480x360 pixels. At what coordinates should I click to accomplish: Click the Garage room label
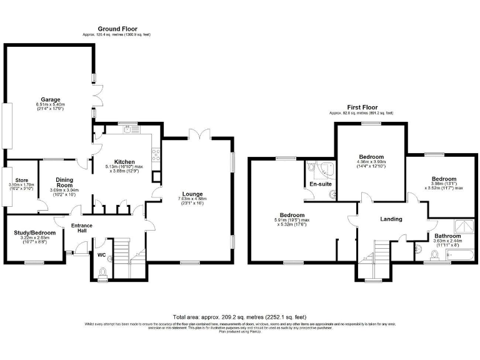[x=51, y=99]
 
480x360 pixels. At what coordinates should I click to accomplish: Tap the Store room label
[x=22, y=181]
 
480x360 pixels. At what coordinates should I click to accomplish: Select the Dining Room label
[x=65, y=181]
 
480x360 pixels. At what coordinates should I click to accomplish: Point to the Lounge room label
[x=192, y=194]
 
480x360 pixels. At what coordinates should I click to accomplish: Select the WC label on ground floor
[x=101, y=255]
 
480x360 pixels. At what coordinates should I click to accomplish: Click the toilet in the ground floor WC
[x=103, y=271]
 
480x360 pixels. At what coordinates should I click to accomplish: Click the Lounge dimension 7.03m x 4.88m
[x=192, y=200]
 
